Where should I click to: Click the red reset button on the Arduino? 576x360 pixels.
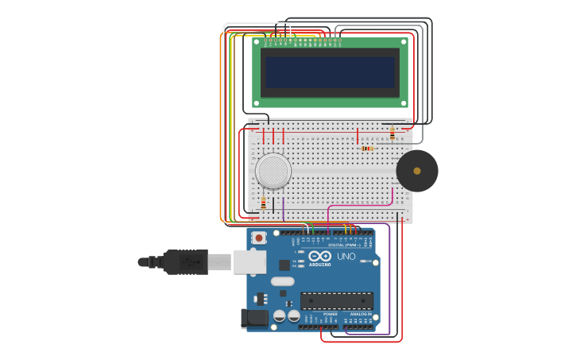258,238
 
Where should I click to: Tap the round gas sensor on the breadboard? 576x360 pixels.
273,171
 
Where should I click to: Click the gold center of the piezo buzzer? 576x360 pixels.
417,171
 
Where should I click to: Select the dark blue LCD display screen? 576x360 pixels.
330,72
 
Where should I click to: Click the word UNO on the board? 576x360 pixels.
346,257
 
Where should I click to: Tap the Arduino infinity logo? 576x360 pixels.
320,257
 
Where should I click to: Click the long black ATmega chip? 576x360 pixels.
336,300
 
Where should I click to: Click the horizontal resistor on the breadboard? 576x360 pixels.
366,148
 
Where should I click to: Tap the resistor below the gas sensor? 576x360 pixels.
264,203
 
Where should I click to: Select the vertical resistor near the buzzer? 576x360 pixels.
392,134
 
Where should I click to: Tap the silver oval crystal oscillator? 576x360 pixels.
282,281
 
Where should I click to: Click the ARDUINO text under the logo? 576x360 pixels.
320,265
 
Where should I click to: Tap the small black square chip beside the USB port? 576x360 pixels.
284,265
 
